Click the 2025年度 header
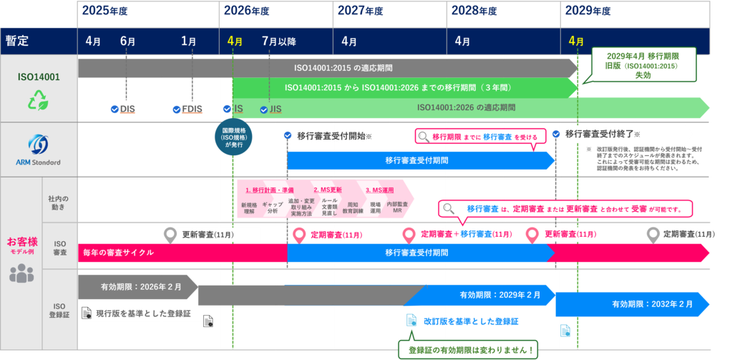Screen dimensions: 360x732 (104, 11)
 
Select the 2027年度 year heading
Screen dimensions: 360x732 (361, 11)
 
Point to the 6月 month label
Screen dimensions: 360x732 (127, 42)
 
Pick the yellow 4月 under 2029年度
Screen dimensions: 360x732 (575, 42)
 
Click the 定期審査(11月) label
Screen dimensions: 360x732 (336, 235)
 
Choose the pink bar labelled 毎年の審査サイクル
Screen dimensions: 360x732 (117, 252)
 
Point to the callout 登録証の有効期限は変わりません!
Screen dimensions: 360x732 (470, 350)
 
